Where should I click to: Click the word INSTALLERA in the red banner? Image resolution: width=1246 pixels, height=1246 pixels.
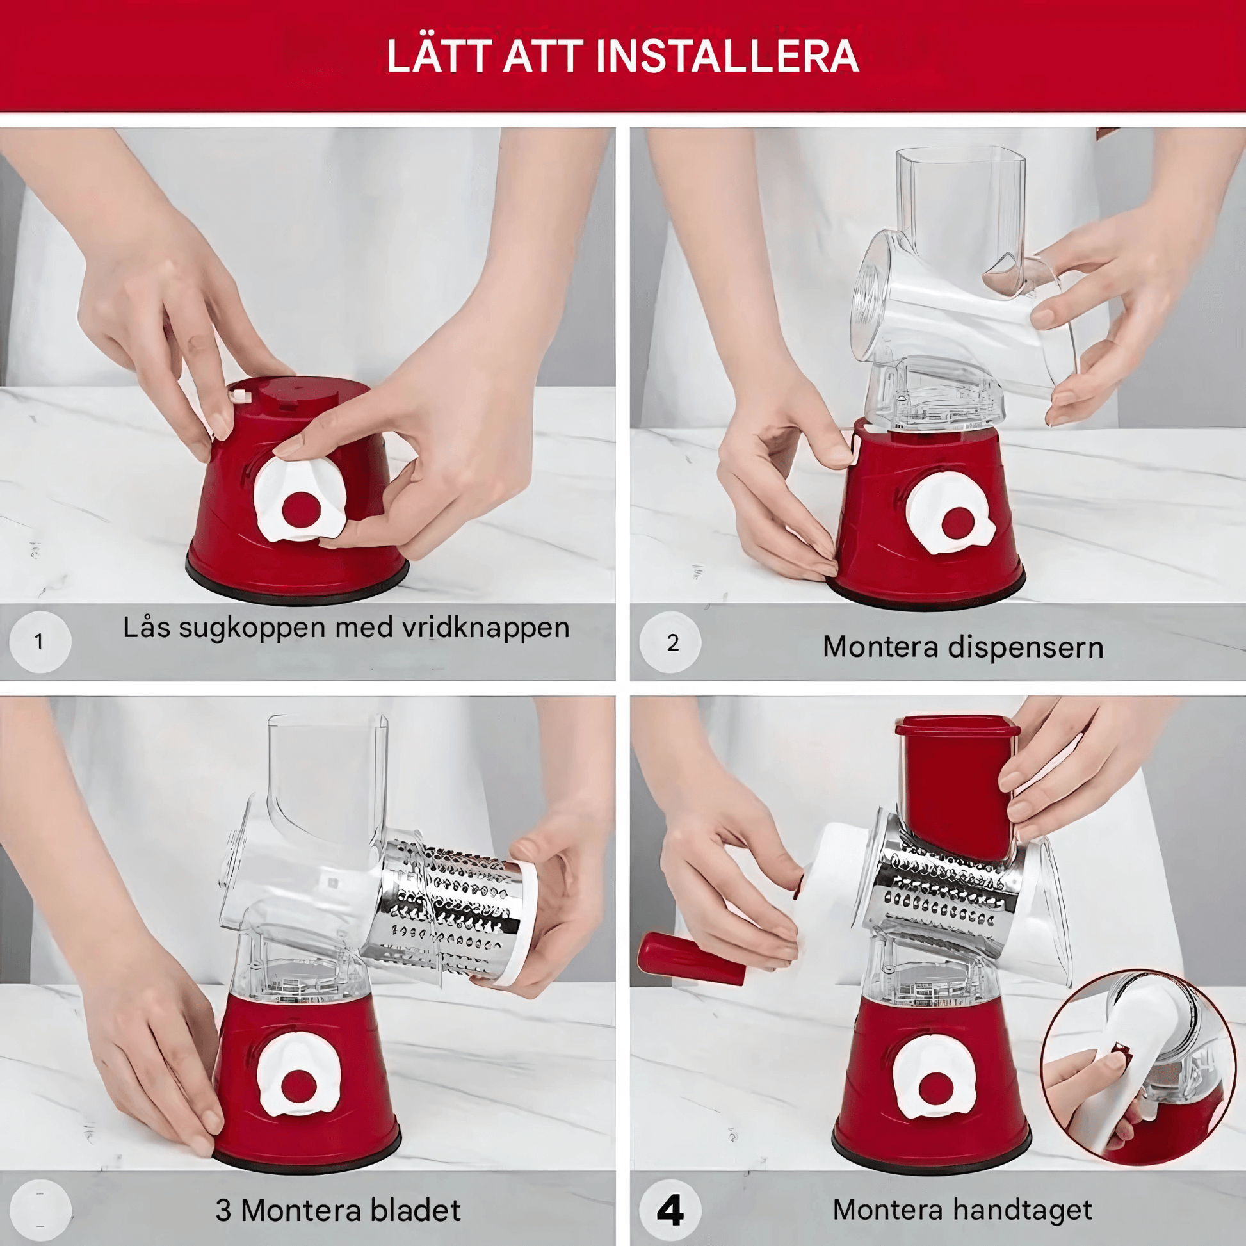[x=727, y=56]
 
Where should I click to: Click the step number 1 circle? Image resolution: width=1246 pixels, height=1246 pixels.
[x=39, y=642]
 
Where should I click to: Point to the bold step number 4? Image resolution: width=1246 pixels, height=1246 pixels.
[x=670, y=1211]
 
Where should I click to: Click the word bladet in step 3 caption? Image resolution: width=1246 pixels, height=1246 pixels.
[x=416, y=1210]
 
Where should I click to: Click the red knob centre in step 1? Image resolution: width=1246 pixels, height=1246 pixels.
[x=301, y=509]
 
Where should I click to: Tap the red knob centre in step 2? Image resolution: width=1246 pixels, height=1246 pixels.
[x=959, y=523]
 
